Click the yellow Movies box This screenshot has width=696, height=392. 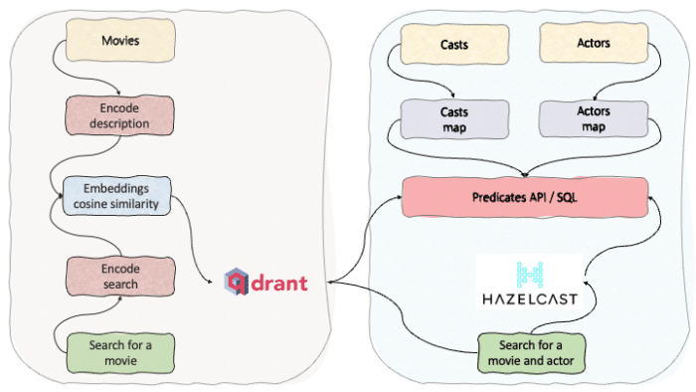click(x=120, y=41)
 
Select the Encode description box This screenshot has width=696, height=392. click(x=119, y=115)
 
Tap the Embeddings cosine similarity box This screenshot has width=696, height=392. click(x=116, y=196)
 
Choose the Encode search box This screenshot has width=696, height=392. click(x=120, y=277)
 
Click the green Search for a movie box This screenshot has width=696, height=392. click(x=120, y=353)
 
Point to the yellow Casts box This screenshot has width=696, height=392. click(x=454, y=45)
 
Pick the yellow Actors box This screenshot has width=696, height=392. click(x=594, y=43)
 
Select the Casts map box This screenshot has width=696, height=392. click(x=454, y=119)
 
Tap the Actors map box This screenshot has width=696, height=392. click(x=594, y=119)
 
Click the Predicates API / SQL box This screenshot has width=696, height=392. click(x=525, y=197)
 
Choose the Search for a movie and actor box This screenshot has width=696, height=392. click(x=531, y=353)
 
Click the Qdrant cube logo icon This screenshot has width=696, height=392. click(x=237, y=282)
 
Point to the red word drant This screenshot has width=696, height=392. click(x=279, y=284)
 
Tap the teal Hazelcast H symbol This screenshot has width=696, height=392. click(x=530, y=275)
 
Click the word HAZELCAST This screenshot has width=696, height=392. click(x=530, y=299)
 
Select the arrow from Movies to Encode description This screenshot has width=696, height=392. click(x=67, y=74)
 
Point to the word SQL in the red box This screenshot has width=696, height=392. click(x=567, y=197)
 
